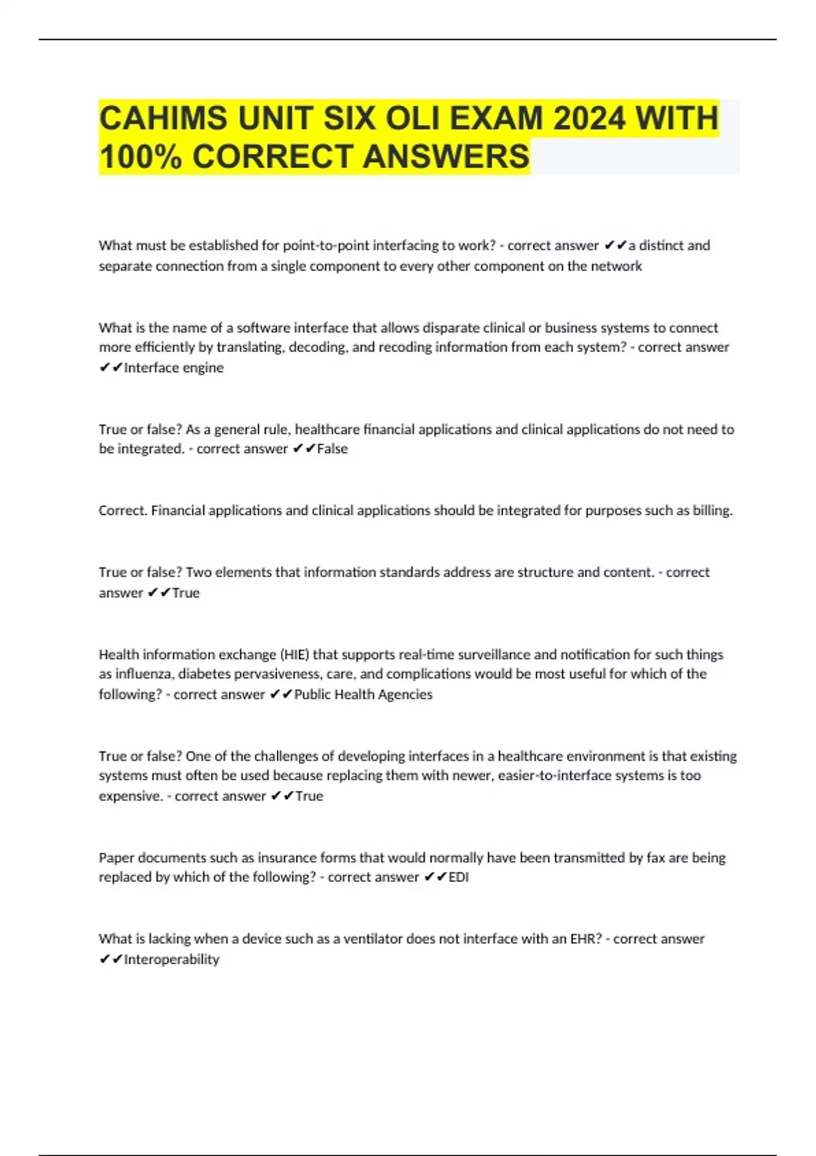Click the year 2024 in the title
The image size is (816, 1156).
click(589, 118)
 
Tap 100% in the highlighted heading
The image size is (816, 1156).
click(141, 156)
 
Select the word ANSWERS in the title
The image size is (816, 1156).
click(446, 156)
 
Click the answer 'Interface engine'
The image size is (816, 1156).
click(173, 368)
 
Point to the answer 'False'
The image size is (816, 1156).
click(333, 449)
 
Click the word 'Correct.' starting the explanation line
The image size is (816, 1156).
click(123, 511)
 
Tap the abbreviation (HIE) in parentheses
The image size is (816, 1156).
click(294, 655)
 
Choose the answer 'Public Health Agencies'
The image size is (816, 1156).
click(363, 694)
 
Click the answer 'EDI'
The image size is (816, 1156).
click(459, 877)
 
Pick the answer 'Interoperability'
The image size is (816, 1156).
click(171, 959)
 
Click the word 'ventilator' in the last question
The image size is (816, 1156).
click(373, 939)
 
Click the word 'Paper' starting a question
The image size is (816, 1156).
click(116, 858)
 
